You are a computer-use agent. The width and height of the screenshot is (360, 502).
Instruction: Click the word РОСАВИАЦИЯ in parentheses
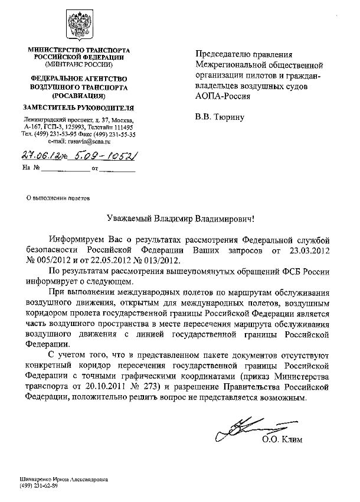pos(78,94)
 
